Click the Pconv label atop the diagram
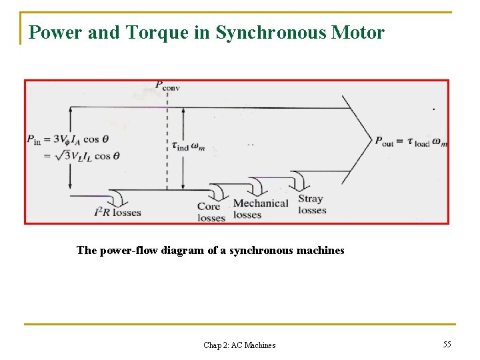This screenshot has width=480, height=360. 167,85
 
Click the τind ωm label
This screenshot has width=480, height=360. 188,146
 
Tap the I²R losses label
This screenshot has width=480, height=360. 117,213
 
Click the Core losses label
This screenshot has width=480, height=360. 211,212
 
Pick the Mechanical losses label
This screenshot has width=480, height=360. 260,209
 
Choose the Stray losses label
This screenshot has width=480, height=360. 312,205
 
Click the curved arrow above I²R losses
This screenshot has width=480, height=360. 118,197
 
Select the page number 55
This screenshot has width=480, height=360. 447,344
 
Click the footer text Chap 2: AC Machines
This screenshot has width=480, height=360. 239,345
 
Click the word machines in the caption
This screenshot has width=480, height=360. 320,251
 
